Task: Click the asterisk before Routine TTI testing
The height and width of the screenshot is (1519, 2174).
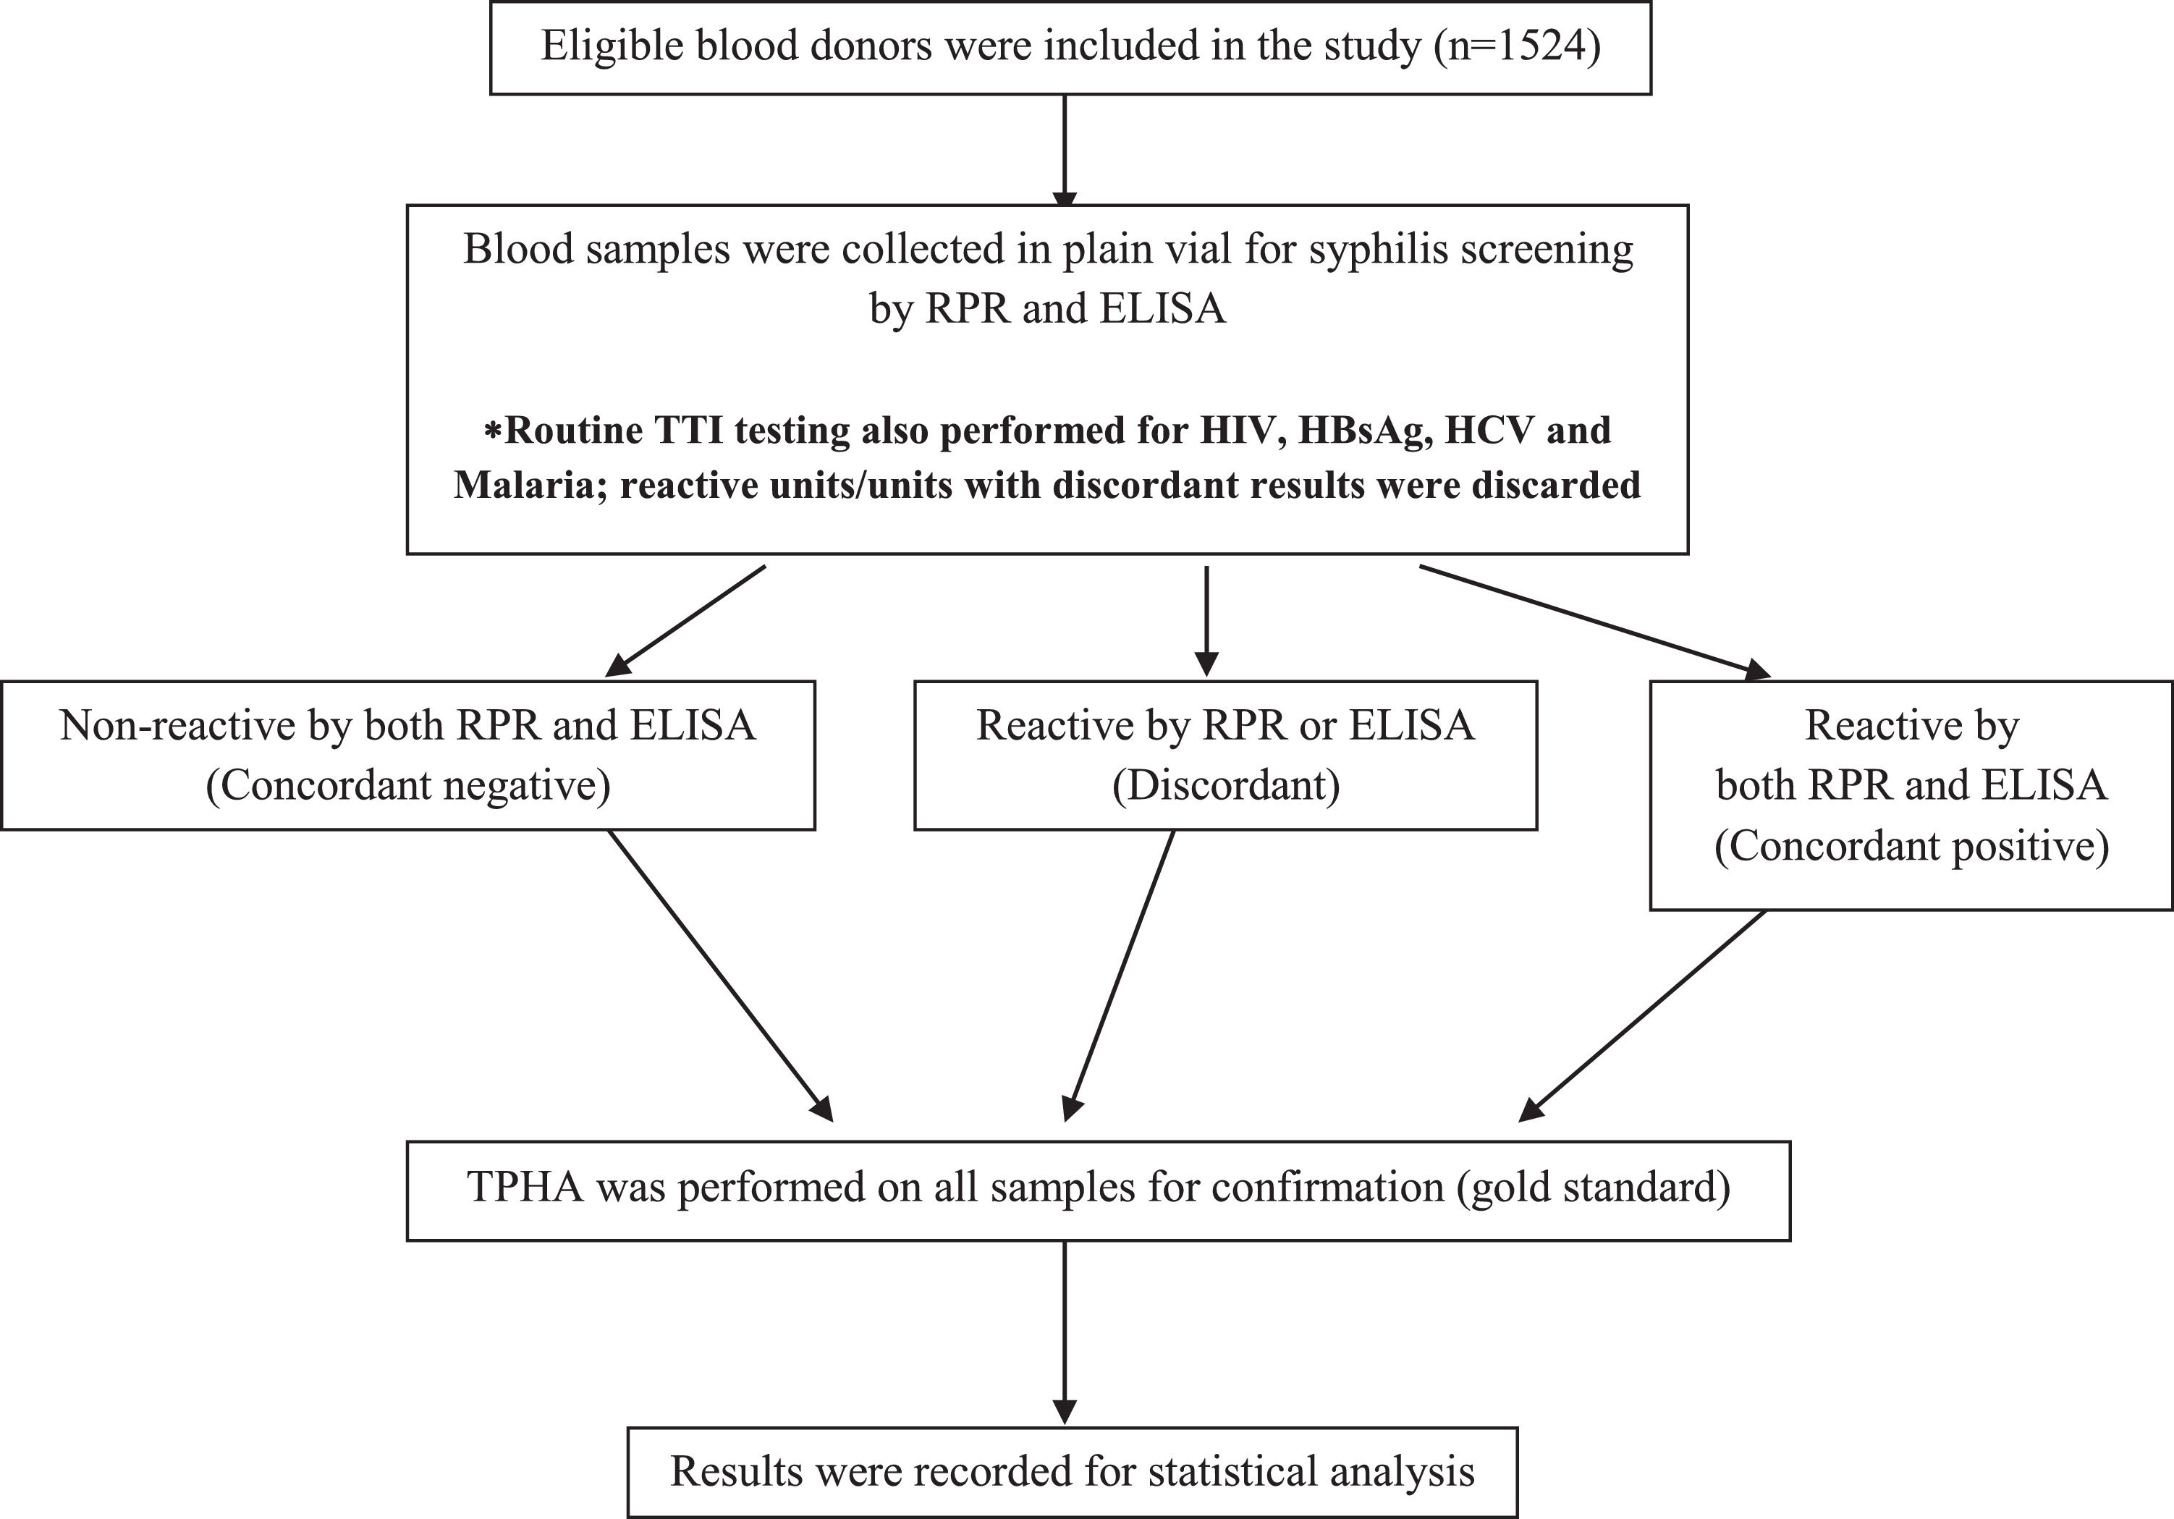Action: coord(492,432)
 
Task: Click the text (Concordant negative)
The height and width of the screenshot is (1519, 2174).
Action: coord(408,785)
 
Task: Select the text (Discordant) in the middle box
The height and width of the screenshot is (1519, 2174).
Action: coord(1225,785)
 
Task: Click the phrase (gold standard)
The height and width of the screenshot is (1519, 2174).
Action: coord(1594,1187)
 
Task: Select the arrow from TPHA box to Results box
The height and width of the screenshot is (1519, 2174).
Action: coord(1065,1331)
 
